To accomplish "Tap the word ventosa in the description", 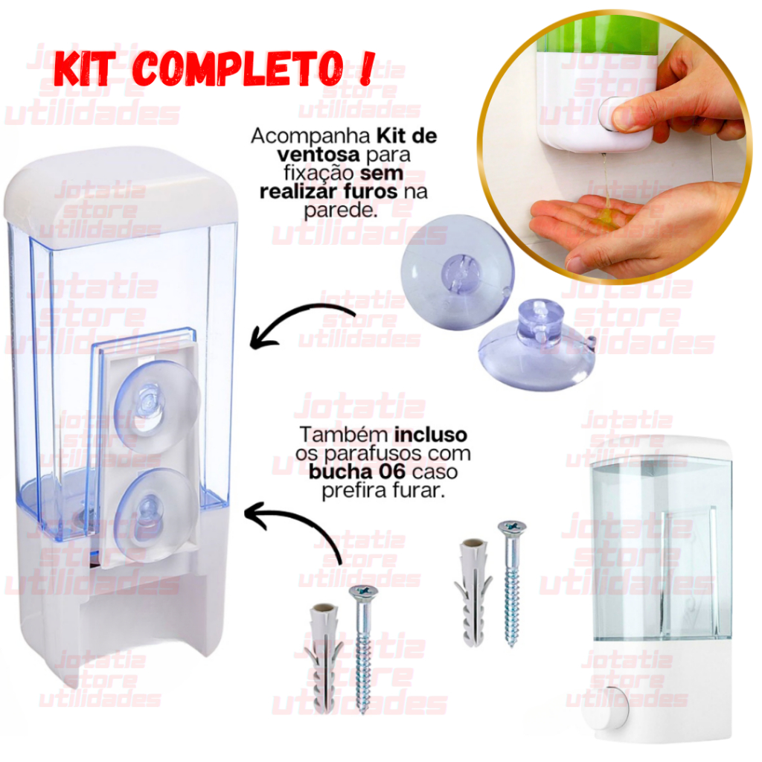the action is click(x=318, y=155).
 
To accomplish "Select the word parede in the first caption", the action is click(x=339, y=210).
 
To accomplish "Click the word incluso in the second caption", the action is click(x=431, y=435).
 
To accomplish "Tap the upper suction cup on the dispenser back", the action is click(x=156, y=402).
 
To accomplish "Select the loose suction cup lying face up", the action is click(x=457, y=272).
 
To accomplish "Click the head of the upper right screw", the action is click(x=512, y=527).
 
